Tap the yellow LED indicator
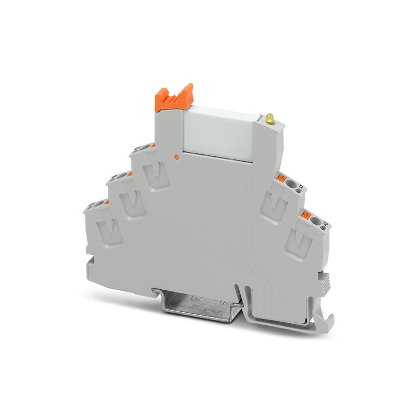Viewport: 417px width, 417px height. pos(270,119)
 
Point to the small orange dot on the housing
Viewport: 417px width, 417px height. pos(177,155)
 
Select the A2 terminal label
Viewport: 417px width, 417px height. pos(326,224)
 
